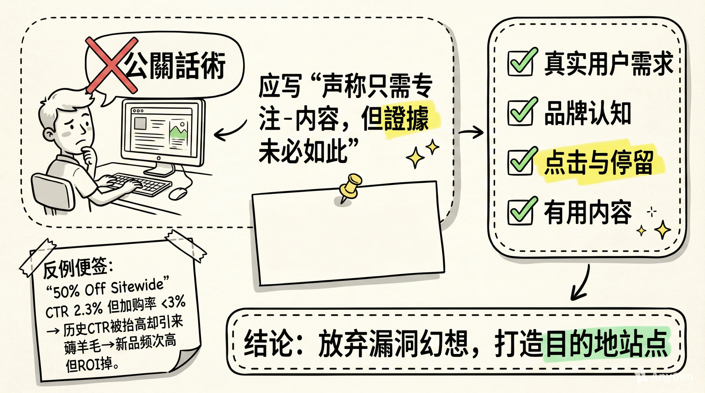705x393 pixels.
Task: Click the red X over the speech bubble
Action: (x=111, y=65)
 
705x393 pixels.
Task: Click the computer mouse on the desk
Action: (x=178, y=193)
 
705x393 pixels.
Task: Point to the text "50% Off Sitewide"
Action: (x=107, y=289)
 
